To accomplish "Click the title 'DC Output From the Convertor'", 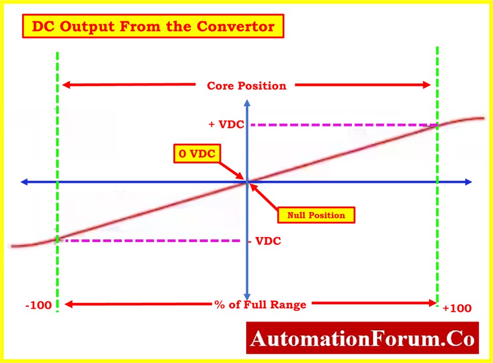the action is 153,26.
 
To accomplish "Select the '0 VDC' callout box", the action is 197,153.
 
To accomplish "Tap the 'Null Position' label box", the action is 316,215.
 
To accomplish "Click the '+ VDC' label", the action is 227,125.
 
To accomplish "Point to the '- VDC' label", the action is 265,241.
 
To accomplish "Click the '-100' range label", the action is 38,305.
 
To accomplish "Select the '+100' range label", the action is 457,308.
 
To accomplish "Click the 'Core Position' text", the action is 247,86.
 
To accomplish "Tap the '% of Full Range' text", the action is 260,304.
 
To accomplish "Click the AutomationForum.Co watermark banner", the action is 363,338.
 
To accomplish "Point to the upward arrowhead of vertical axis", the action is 247,103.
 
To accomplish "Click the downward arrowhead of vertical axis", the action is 247,297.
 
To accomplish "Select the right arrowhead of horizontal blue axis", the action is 468,182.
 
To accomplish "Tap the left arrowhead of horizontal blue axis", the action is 24,182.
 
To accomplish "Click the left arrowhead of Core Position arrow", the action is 66,85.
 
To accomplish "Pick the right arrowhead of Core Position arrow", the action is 427,85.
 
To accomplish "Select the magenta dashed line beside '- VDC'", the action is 153,241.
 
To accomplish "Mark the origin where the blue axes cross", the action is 247,182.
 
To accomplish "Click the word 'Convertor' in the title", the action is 236,26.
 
